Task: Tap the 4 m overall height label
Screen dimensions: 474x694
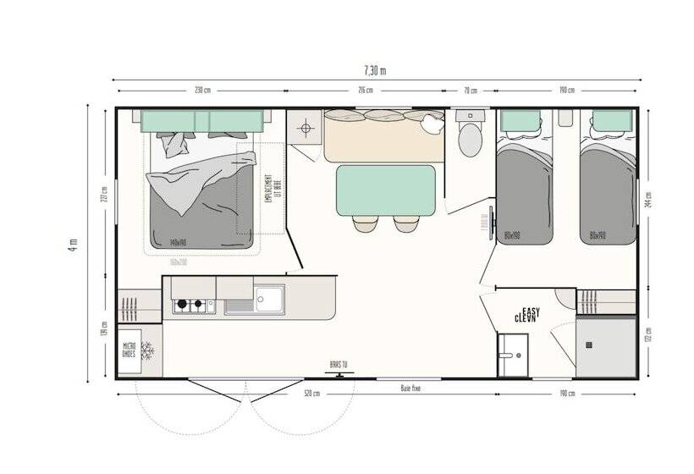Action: [x=74, y=245]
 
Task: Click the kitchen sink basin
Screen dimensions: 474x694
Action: [x=270, y=299]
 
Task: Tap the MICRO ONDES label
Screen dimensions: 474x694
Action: [x=129, y=350]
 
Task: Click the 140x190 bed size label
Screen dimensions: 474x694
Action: [x=177, y=242]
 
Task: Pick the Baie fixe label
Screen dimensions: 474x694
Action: [x=411, y=389]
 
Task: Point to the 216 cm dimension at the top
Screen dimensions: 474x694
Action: [x=365, y=91]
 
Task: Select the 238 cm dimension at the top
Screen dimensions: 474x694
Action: [x=201, y=91]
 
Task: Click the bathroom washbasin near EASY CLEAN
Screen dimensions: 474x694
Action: [x=513, y=354]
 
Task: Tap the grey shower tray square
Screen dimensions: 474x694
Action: [x=606, y=346]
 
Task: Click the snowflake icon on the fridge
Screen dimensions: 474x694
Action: [x=148, y=350]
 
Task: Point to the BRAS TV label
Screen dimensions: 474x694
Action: [x=339, y=365]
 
